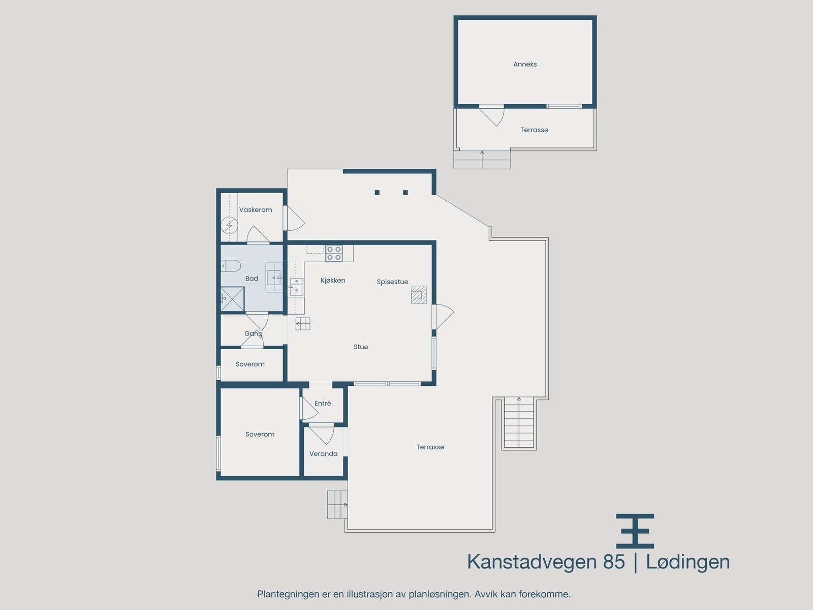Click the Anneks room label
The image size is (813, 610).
pyautogui.click(x=525, y=65)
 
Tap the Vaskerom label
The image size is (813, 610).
pyautogui.click(x=256, y=210)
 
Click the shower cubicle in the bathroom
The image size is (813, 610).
pyautogui.click(x=232, y=299)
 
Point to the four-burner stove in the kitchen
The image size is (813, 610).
pyautogui.click(x=334, y=254)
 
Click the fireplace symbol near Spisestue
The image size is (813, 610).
pyautogui.click(x=419, y=295)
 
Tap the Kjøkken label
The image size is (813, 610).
pyautogui.click(x=333, y=281)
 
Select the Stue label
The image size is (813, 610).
pyautogui.click(x=361, y=347)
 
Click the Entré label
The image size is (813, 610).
pyautogui.click(x=323, y=404)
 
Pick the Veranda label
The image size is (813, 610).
pyautogui.click(x=324, y=454)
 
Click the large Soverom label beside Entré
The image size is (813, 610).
pyautogui.click(x=260, y=435)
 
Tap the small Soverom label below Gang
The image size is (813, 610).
pyautogui.click(x=250, y=364)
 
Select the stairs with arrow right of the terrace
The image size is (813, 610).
pyautogui.click(x=519, y=423)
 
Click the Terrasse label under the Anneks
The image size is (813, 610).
pyautogui.click(x=534, y=130)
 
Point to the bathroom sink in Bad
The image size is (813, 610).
pyautogui.click(x=274, y=277)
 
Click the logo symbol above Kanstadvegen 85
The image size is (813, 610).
pyautogui.click(x=635, y=531)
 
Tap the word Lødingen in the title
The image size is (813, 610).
pyautogui.click(x=687, y=562)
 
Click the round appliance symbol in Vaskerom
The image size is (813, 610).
pyautogui.click(x=229, y=224)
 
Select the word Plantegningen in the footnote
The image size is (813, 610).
pyautogui.click(x=288, y=594)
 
